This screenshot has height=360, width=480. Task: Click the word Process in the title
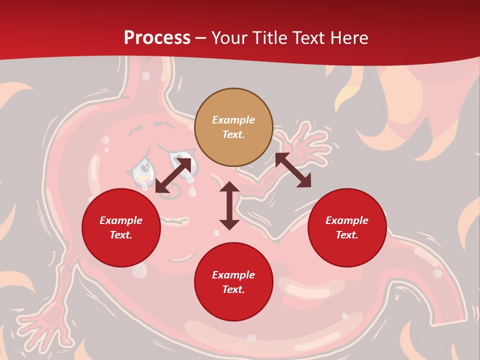157,38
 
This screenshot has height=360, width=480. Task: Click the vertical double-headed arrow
229,205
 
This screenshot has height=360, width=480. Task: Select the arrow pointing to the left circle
173,175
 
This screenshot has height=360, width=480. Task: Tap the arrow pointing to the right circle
293,170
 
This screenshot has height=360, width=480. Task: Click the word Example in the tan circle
233,120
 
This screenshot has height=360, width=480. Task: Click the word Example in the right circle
347,220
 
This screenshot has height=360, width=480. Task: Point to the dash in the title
201,38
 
